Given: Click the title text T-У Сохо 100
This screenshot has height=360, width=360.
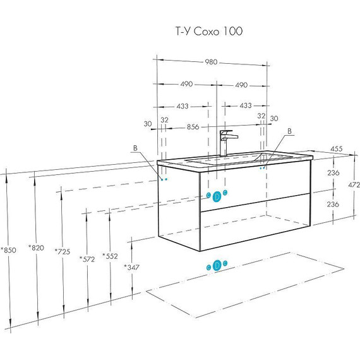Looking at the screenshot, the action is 209,31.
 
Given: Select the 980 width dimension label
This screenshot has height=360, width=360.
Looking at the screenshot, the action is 211,62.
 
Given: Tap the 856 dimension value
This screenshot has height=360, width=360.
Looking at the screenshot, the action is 193,127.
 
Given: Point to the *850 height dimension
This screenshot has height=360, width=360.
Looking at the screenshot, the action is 8,250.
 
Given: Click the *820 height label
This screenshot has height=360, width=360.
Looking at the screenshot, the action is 36,248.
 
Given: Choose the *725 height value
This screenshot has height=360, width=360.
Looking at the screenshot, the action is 63,251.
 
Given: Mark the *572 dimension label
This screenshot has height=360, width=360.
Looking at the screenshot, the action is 87,259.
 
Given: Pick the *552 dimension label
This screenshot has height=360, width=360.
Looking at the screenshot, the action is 110,256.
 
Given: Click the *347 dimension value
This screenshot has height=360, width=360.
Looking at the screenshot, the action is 131,267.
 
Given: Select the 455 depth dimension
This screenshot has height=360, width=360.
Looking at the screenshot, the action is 337,149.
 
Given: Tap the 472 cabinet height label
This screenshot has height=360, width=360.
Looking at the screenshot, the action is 354,184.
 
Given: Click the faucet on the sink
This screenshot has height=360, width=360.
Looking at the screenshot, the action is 228,143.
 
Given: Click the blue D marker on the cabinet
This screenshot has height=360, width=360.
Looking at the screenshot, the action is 217,196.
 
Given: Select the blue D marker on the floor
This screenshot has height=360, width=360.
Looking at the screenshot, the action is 217,265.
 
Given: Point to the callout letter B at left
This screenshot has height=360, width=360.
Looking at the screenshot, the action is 135,148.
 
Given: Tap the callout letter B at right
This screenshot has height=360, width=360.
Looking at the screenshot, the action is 289,131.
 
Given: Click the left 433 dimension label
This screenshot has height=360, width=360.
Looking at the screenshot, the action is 183,106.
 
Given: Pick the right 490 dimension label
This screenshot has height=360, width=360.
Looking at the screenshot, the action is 241,85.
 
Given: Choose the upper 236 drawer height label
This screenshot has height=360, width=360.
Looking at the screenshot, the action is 333,172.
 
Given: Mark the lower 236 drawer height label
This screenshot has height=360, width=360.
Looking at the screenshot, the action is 333,204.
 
